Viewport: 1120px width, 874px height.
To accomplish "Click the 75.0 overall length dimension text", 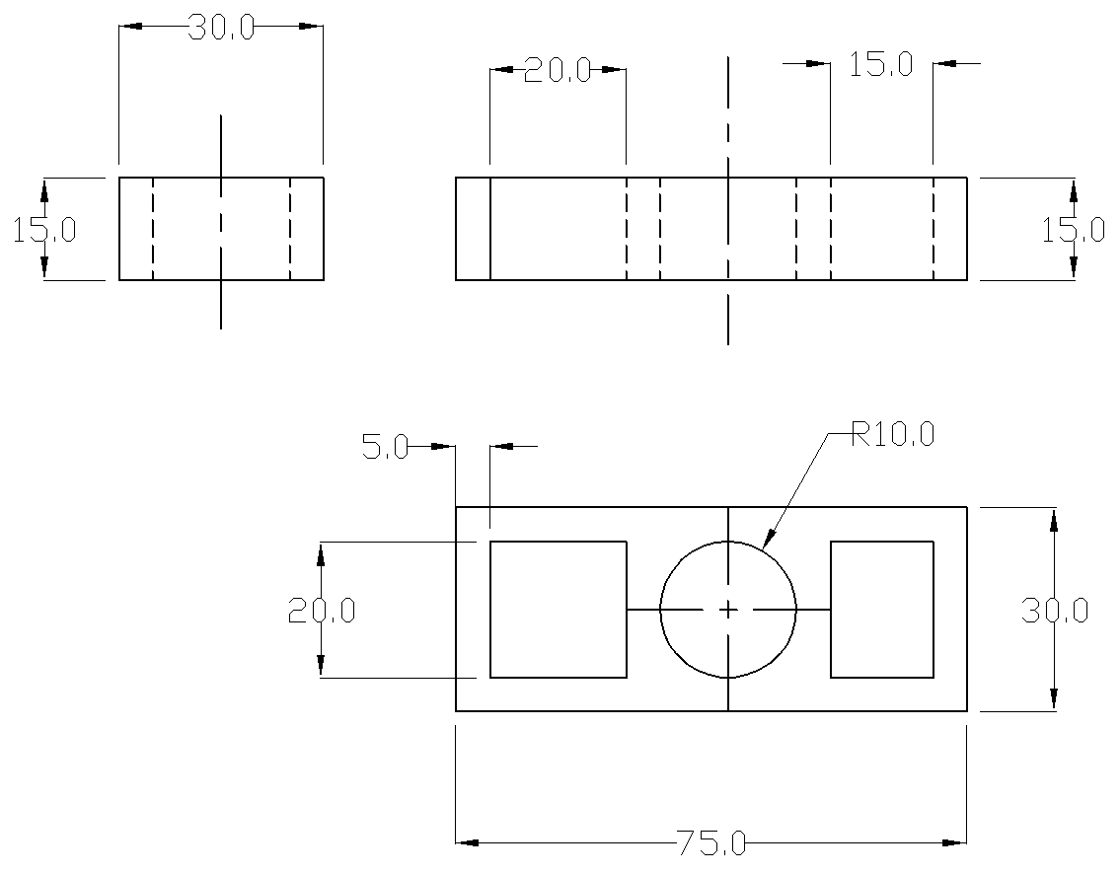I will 711,843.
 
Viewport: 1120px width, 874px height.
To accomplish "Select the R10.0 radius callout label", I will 892,435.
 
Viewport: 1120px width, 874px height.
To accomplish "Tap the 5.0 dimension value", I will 384,448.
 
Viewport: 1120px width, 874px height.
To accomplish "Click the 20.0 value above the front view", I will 557,70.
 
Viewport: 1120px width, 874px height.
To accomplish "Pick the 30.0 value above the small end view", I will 220,28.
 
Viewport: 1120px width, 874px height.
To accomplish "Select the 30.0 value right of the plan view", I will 1054,611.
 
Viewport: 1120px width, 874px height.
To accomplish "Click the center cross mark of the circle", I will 728,611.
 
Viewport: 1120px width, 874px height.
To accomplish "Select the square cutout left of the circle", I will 559,610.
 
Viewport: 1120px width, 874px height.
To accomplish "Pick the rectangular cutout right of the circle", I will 882,610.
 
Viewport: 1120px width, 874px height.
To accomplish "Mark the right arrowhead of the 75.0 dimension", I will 954,842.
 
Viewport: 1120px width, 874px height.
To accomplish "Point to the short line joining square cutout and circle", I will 643,611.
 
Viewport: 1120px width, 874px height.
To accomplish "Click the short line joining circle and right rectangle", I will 813,611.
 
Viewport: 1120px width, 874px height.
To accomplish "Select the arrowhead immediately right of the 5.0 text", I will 443,447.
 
